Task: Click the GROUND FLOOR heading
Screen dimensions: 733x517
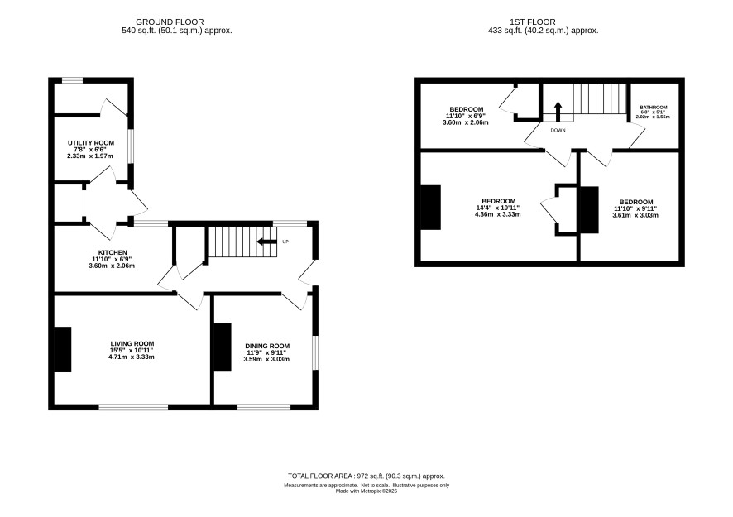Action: (x=170, y=22)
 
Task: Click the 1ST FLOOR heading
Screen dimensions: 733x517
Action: (x=533, y=22)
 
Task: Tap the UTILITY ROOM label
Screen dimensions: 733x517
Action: (x=91, y=143)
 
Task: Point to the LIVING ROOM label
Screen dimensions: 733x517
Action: (x=132, y=344)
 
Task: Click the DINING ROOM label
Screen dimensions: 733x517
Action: (x=266, y=347)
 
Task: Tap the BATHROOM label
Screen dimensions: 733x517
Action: (x=653, y=108)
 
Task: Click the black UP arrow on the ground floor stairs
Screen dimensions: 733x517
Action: (x=267, y=242)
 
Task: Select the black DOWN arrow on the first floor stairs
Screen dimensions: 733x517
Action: (x=558, y=111)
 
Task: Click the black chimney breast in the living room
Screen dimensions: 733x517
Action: (x=63, y=349)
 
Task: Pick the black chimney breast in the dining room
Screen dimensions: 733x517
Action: (x=223, y=347)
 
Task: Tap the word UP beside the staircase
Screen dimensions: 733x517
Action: (x=285, y=242)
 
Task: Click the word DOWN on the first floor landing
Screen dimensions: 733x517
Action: (x=558, y=131)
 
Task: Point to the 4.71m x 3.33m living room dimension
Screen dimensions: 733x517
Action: (x=132, y=357)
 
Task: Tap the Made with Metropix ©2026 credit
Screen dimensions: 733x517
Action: (x=366, y=491)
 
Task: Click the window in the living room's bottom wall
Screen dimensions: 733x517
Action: (x=133, y=407)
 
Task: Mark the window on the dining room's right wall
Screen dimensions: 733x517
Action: (x=315, y=352)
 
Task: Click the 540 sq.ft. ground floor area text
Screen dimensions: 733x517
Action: (x=177, y=31)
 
